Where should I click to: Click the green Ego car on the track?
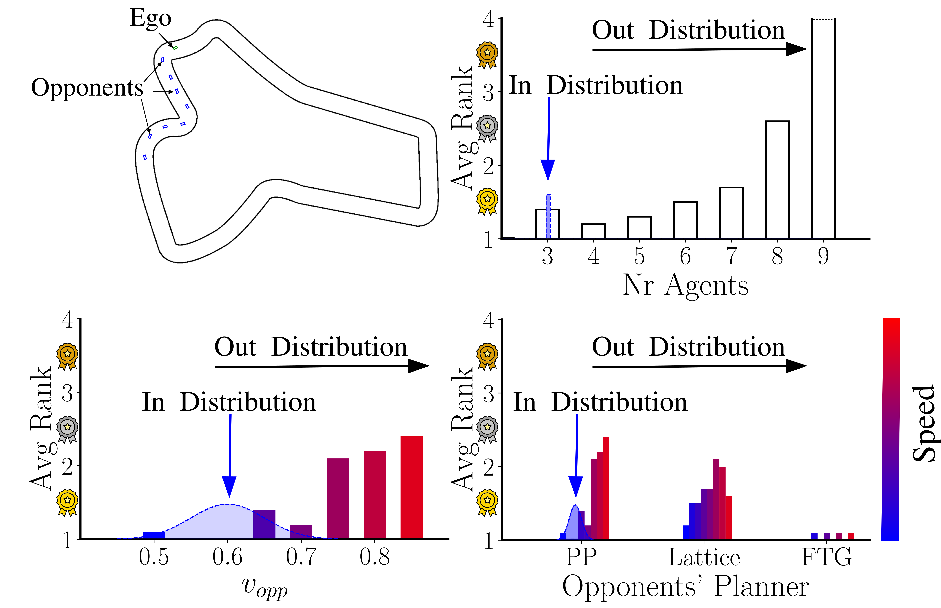[x=175, y=48]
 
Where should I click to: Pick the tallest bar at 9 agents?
[x=823, y=128]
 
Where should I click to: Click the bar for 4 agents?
[x=593, y=231]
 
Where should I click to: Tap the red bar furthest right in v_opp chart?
[x=412, y=488]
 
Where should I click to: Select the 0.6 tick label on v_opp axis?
[x=228, y=557]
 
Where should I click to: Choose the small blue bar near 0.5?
[x=154, y=535]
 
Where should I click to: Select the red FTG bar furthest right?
[x=851, y=536]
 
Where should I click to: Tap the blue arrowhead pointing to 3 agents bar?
[x=548, y=170]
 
